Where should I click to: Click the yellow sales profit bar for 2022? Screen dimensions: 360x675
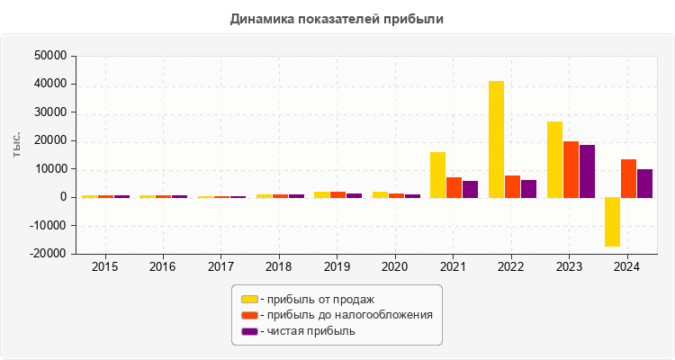496,139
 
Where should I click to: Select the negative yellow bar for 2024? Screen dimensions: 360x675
612,221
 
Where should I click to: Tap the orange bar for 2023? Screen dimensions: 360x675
571,169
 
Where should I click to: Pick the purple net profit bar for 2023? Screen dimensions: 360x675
587,171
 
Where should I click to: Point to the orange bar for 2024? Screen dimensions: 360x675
628,178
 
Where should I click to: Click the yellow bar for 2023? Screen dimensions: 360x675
554,159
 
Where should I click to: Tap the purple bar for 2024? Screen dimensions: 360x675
644,183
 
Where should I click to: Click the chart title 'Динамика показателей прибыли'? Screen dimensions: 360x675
337,18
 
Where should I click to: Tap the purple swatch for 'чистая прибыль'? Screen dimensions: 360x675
249,331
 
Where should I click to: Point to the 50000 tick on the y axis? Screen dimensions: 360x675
50,56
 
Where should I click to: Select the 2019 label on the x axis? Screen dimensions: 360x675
337,267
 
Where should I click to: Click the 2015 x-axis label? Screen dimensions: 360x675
104,267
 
